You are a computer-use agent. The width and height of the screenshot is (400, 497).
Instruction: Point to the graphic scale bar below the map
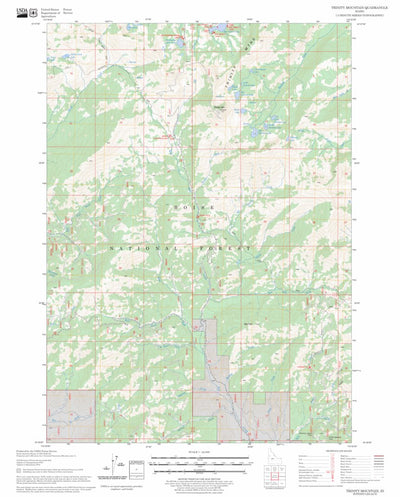(x=200, y=462)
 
